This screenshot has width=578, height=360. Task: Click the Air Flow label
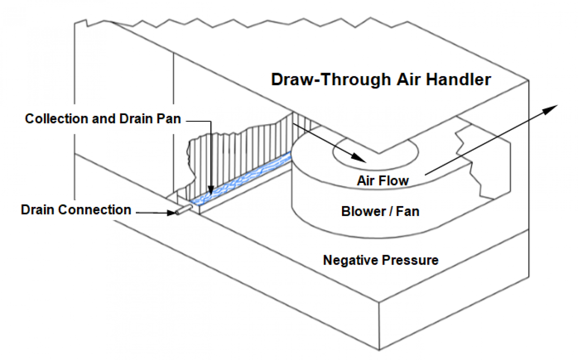point(382,181)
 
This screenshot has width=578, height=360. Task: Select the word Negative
point(351,260)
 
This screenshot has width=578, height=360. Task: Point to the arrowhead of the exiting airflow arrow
point(552,108)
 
